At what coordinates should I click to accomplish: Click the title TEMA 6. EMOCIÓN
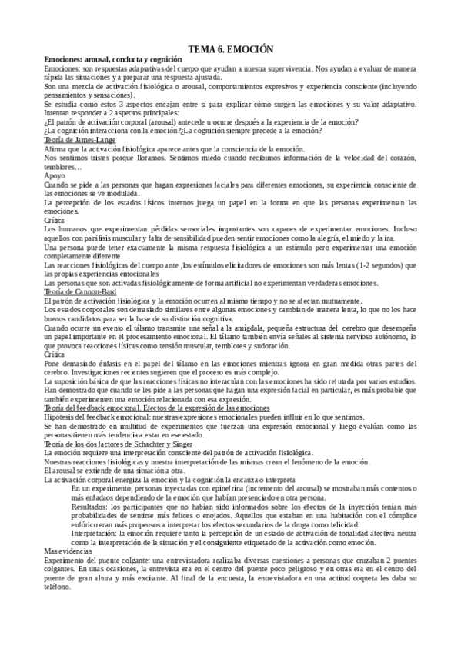pos(230,49)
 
